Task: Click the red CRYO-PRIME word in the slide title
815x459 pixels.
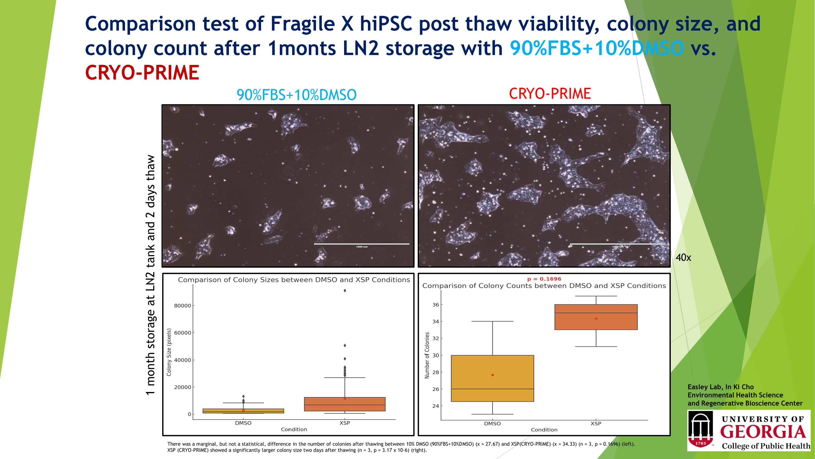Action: [142, 73]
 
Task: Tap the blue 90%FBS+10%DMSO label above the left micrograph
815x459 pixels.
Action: [296, 95]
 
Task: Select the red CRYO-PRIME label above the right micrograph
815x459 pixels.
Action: [550, 93]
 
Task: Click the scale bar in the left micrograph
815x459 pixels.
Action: [362, 244]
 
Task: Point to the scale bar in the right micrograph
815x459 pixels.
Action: [618, 244]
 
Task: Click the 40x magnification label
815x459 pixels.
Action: [683, 258]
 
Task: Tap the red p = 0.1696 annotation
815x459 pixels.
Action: [544, 279]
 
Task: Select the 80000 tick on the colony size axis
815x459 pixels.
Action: [182, 306]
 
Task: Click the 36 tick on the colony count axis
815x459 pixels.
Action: [436, 305]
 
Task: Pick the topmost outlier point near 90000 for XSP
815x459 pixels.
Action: [345, 290]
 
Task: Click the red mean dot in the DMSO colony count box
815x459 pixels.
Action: [493, 375]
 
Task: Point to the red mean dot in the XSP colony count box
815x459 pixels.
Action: [596, 319]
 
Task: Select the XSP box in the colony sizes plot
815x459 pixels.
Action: [345, 404]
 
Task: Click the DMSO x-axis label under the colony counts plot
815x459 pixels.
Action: [492, 424]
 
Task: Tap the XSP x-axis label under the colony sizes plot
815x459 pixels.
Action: [345, 423]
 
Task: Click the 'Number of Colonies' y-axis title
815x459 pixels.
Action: [427, 355]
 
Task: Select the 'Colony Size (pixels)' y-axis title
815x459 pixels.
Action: [169, 352]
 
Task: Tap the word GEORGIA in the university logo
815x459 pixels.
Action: [763, 432]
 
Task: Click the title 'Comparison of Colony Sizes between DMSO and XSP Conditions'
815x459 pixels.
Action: [294, 280]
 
